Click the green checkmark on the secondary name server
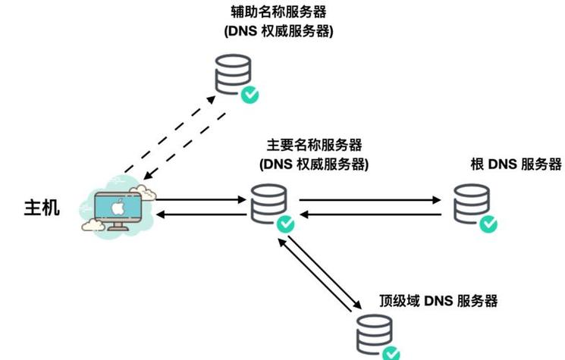point(250,95)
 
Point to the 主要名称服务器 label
point(313,145)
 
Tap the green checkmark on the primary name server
point(285,224)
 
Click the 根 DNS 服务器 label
point(516,164)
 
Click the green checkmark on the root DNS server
point(490,224)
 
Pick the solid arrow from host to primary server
point(202,201)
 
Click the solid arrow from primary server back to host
point(202,215)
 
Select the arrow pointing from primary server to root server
point(370,201)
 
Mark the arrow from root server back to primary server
point(370,214)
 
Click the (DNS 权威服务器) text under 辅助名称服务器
point(279,32)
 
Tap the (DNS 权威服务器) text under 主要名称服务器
point(313,164)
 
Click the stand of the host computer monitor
point(117,226)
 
